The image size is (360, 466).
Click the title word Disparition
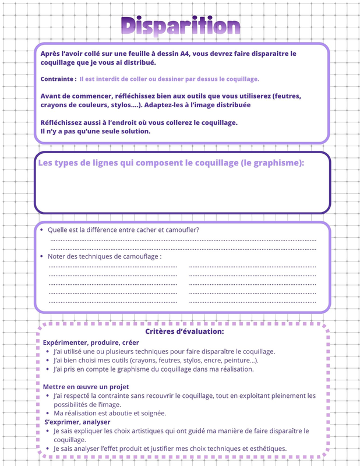pyautogui.click(x=181, y=26)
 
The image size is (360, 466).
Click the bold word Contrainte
pyautogui.click(x=57, y=79)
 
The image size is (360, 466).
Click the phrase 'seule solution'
pyautogui.click(x=124, y=131)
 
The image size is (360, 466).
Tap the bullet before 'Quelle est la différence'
pyautogui.click(x=41, y=230)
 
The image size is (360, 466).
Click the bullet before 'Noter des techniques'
pyautogui.click(x=41, y=256)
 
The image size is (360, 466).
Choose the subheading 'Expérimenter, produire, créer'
pyautogui.click(x=91, y=343)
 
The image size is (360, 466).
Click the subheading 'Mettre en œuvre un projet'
pyautogui.click(x=86, y=387)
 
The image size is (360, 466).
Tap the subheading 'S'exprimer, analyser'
pyautogui.click(x=77, y=422)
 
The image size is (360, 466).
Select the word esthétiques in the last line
pyautogui.click(x=266, y=449)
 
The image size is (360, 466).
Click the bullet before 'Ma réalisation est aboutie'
pyautogui.click(x=47, y=413)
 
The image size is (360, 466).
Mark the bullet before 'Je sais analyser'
pyautogui.click(x=47, y=449)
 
